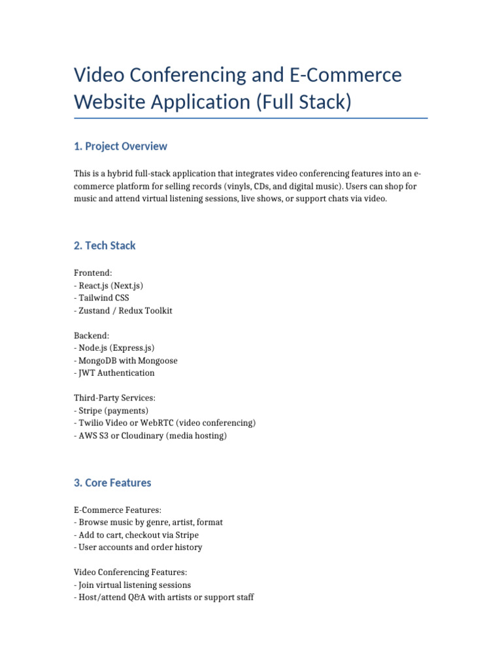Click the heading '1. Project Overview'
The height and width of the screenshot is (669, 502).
(x=120, y=146)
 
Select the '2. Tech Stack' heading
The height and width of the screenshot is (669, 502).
(x=105, y=246)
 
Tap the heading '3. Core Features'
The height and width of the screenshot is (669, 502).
(x=112, y=483)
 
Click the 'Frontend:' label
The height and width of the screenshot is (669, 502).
(x=93, y=273)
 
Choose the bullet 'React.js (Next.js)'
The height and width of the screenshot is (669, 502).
(x=110, y=286)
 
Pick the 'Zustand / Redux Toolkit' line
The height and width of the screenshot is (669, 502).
(x=125, y=311)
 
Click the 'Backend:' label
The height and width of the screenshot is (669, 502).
(x=92, y=336)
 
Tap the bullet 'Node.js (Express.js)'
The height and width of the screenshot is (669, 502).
(x=116, y=348)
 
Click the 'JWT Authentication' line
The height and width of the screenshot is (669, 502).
(x=116, y=373)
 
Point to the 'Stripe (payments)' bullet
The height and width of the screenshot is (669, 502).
(x=113, y=411)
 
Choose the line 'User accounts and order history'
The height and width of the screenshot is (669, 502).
(x=140, y=547)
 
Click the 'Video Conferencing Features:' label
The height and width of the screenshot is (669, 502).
(x=131, y=572)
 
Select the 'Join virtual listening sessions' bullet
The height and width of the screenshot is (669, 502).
(x=135, y=585)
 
